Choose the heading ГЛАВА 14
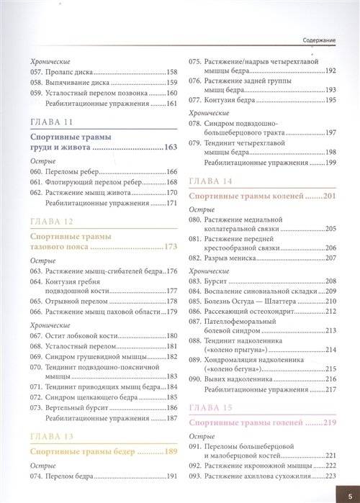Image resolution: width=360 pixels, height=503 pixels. (210, 180)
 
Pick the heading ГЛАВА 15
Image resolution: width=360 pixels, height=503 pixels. (210, 407)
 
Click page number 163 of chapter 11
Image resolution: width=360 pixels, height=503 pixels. (170, 147)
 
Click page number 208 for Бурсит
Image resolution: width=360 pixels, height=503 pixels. (331, 280)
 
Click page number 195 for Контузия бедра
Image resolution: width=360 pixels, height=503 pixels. (331, 99)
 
